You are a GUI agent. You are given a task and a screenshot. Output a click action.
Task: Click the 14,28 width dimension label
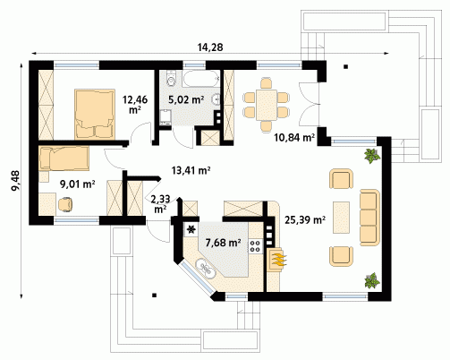210,47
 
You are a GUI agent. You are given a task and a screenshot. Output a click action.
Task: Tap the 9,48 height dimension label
15,181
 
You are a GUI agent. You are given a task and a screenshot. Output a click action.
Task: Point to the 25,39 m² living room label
305,220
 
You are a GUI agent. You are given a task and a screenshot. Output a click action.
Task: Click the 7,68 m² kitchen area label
223,243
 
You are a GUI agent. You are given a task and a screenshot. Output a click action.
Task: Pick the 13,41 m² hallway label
191,170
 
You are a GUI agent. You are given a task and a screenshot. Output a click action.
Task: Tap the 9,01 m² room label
78,184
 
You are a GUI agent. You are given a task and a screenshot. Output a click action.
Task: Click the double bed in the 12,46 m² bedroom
95,114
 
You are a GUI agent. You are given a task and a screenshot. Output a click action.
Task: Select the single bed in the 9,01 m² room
64,159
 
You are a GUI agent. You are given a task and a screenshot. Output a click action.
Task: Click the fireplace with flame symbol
277,260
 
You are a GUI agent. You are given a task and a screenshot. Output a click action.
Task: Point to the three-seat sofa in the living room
369,218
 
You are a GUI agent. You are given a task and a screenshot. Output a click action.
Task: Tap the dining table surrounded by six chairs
267,105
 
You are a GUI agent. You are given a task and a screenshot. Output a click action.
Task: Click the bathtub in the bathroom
201,79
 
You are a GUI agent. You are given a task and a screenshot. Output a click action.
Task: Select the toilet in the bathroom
171,78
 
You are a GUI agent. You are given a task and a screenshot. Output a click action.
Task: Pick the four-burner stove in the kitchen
255,245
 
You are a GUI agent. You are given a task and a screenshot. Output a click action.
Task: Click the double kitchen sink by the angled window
205,268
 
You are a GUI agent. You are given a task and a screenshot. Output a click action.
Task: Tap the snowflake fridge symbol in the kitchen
191,229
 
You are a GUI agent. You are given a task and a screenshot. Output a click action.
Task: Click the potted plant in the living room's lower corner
372,281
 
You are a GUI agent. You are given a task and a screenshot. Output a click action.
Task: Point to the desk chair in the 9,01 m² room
65,204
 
